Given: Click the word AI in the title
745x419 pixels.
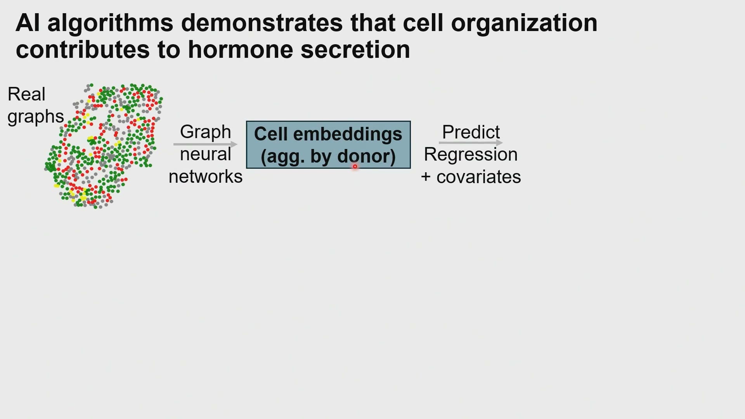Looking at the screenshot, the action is (28, 23).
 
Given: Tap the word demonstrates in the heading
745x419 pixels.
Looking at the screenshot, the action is (262, 23).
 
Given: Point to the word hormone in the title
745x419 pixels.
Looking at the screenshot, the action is (241, 50).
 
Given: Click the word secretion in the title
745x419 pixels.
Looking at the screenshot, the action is (355, 50).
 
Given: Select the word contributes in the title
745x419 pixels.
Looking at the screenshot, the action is (83, 50).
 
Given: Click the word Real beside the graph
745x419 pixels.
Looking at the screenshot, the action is (26, 94).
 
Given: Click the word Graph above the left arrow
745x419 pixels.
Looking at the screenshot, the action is (205, 133).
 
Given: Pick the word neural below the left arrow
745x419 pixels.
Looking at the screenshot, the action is (205, 154).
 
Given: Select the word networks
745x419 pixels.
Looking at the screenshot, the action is (206, 177).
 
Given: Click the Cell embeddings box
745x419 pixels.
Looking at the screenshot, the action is (328, 145).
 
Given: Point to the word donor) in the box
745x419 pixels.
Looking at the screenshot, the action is (366, 157).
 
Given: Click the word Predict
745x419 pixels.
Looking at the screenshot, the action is (471, 132).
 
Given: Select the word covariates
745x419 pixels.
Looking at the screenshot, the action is (479, 177).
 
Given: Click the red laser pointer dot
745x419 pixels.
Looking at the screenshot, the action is (355, 166).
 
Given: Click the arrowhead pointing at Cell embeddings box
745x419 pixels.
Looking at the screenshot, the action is (234, 144).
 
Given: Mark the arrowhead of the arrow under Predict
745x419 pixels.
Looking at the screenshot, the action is (499, 143).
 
